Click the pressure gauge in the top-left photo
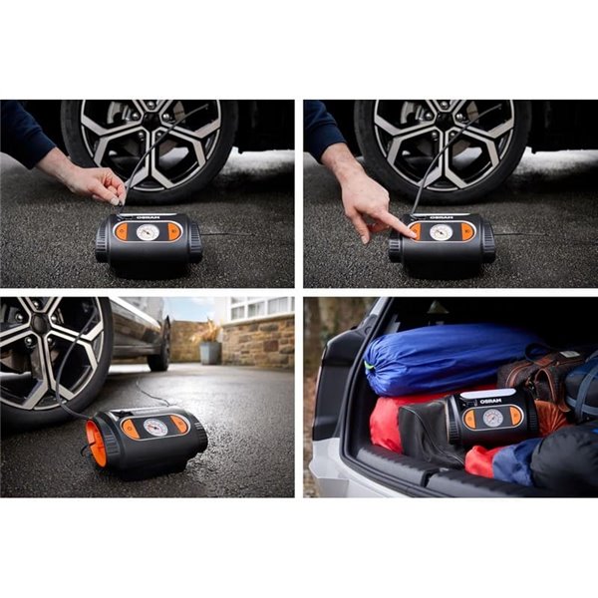pyautogui.click(x=148, y=231)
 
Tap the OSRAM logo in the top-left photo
pyautogui.click(x=147, y=215)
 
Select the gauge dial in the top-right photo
pyautogui.click(x=441, y=231)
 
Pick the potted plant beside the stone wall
pyautogui.click(x=210, y=344)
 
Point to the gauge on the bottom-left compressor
pyautogui.click(x=154, y=427)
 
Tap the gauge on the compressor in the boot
pyautogui.click(x=491, y=418)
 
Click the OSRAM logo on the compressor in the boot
pyautogui.click(x=489, y=401)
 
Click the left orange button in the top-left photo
pyautogui.click(x=122, y=232)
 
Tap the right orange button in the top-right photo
pyautogui.click(x=467, y=231)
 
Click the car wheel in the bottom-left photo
pyautogui.click(x=50, y=354)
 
